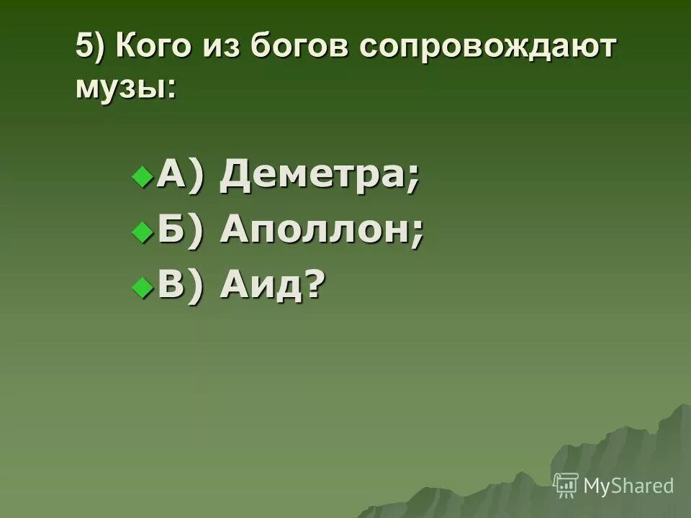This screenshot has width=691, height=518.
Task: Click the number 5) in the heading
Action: coord(91,50)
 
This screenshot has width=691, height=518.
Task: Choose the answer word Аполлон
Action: coord(315,232)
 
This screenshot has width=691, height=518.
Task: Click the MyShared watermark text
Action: coord(628,486)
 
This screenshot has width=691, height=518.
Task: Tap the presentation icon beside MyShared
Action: coord(566,486)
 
